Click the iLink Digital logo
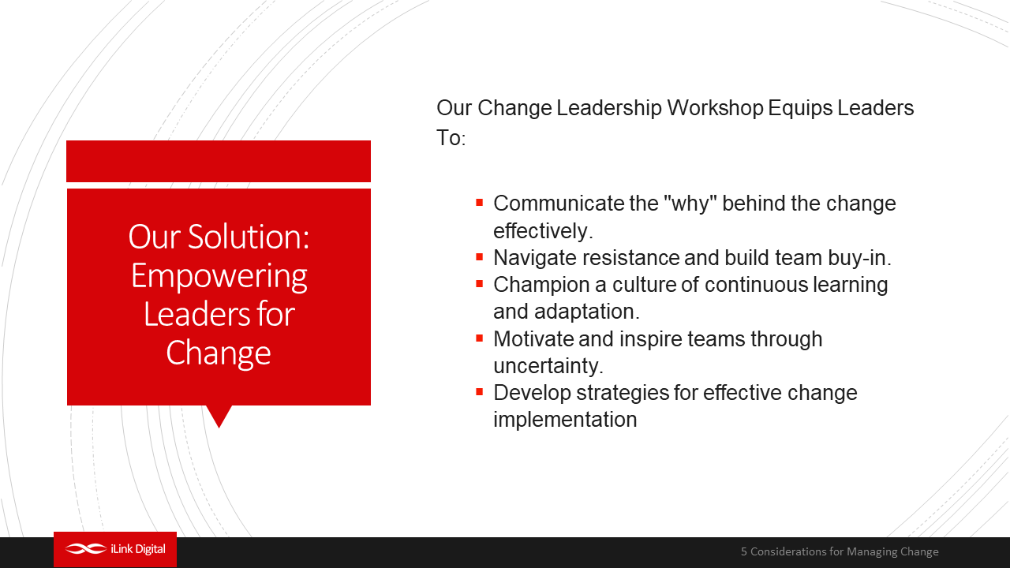(x=115, y=549)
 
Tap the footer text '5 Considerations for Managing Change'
(x=840, y=551)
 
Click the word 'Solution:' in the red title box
(x=249, y=236)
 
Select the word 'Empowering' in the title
(x=219, y=276)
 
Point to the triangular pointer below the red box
(x=219, y=416)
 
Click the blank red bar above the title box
(x=219, y=161)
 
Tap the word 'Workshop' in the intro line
(x=715, y=108)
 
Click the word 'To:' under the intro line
(x=451, y=138)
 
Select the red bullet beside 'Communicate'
(x=479, y=203)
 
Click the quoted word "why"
(x=690, y=203)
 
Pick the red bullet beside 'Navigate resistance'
(x=479, y=257)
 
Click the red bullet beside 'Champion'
(x=479, y=284)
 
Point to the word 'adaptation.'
(x=586, y=312)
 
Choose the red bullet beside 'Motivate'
(x=479, y=338)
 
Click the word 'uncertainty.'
(x=548, y=365)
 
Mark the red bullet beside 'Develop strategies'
(x=479, y=392)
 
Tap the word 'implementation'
(x=565, y=420)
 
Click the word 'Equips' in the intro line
(x=800, y=109)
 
